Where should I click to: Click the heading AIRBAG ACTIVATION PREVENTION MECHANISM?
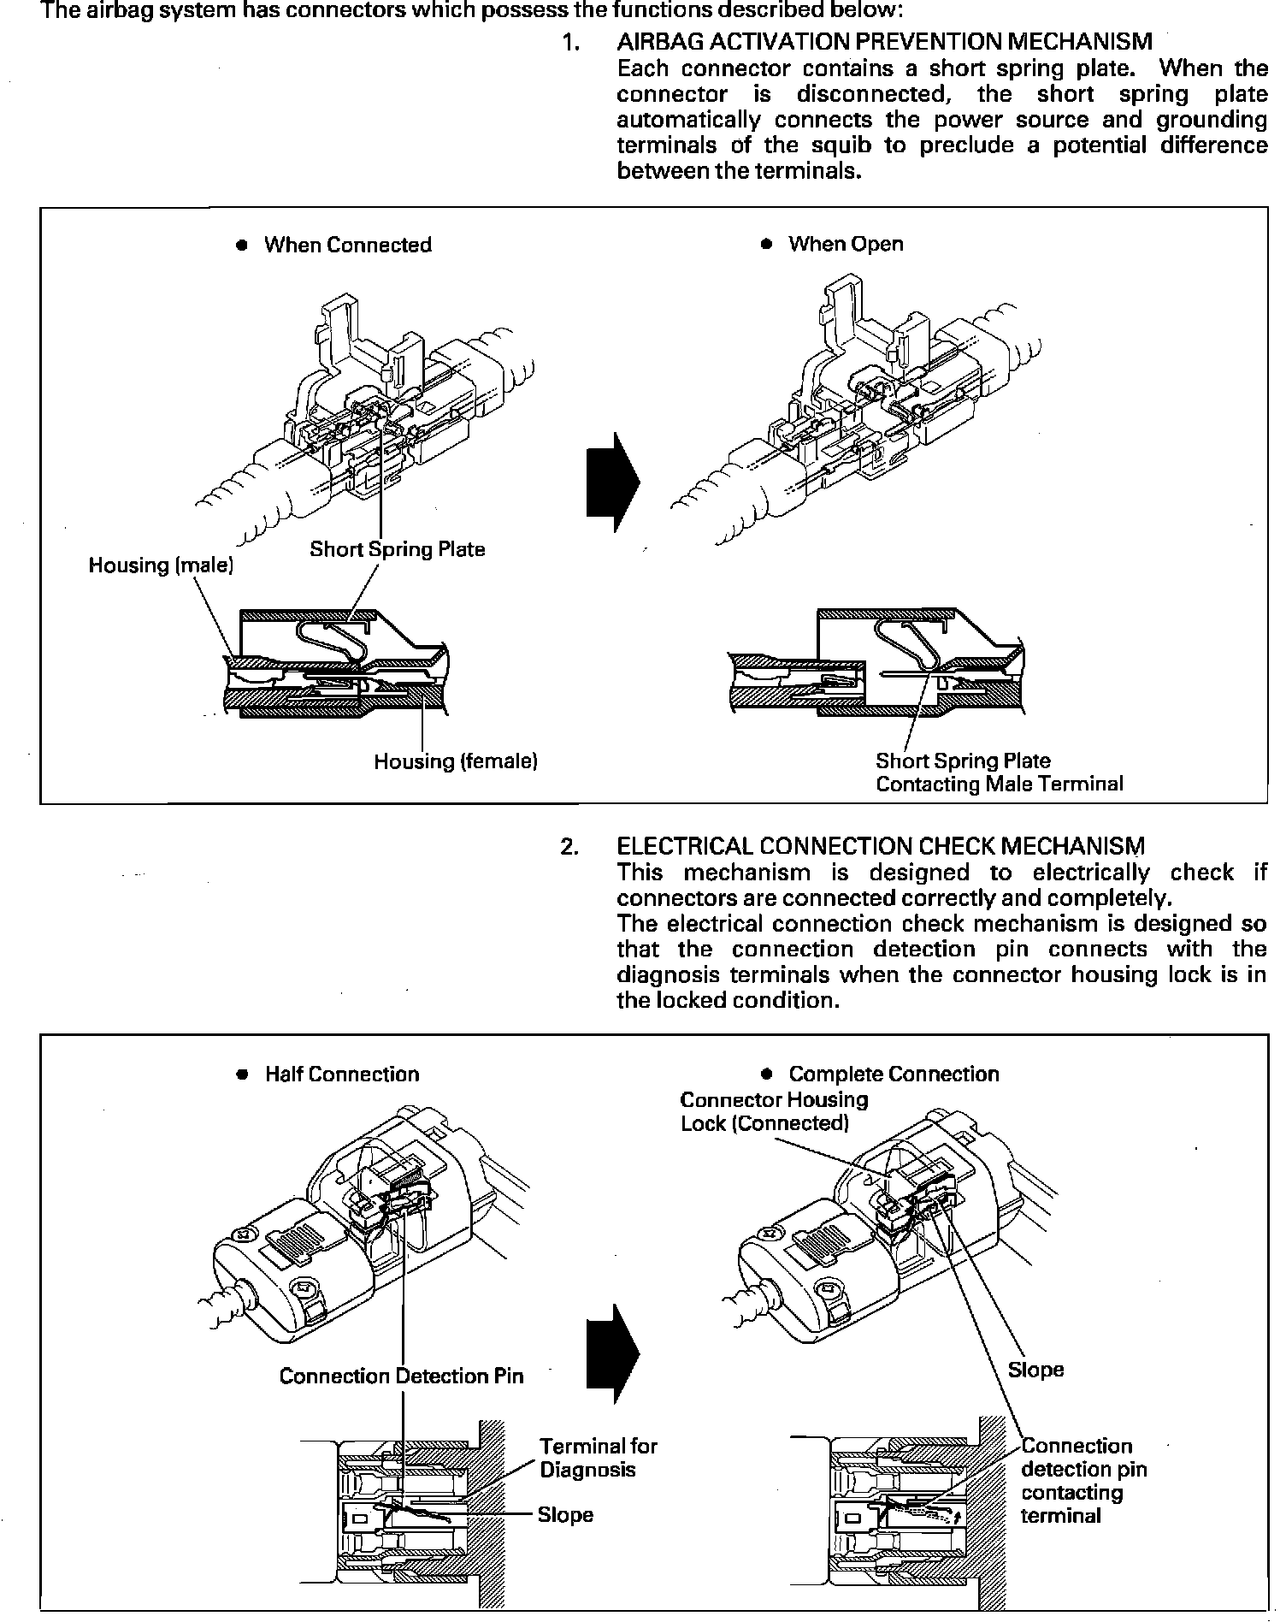click(x=884, y=41)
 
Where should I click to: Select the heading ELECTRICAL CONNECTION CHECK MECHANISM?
click(x=880, y=846)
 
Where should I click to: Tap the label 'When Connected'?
click(x=347, y=245)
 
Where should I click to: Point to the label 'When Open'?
click(x=845, y=244)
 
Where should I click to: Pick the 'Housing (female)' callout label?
click(x=455, y=761)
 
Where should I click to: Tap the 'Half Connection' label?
click(x=341, y=1074)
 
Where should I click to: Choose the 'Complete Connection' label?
click(x=893, y=1074)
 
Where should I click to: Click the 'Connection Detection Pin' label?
click(x=401, y=1376)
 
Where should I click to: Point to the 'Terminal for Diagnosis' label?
click(x=598, y=1458)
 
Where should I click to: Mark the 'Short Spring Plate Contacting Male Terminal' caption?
click(x=999, y=773)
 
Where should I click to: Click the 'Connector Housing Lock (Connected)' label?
click(x=774, y=1111)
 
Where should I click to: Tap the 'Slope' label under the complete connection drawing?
click(x=1035, y=1370)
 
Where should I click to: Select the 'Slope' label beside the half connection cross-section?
click(x=565, y=1515)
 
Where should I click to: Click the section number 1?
click(x=571, y=41)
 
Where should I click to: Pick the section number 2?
click(x=569, y=846)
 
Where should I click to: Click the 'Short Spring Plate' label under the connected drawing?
click(x=397, y=549)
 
